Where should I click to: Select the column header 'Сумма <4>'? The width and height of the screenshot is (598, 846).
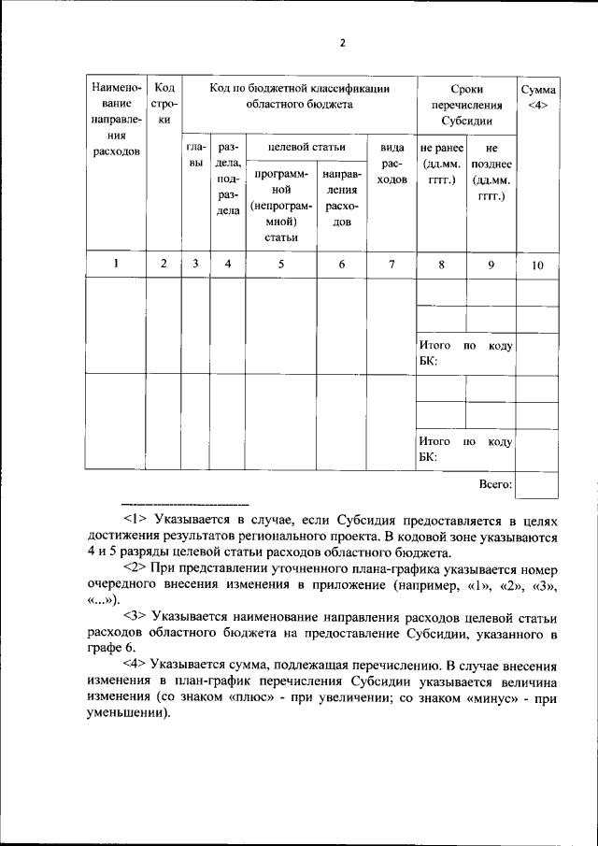click(538, 97)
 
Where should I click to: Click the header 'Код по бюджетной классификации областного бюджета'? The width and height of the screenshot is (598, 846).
click(299, 96)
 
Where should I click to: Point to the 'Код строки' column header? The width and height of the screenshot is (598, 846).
click(164, 104)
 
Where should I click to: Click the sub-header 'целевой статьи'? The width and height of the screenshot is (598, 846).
click(306, 147)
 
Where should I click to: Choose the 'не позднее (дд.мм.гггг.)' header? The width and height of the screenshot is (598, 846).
click(491, 173)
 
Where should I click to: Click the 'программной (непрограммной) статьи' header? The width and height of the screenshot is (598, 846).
click(280, 204)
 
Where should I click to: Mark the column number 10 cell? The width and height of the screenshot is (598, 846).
click(537, 265)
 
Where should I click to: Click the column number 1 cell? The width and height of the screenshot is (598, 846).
click(116, 264)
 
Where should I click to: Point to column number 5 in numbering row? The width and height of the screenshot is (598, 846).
click(280, 265)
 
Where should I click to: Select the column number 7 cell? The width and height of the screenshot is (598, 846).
click(392, 265)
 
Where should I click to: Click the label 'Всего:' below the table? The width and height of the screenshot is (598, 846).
click(494, 484)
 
